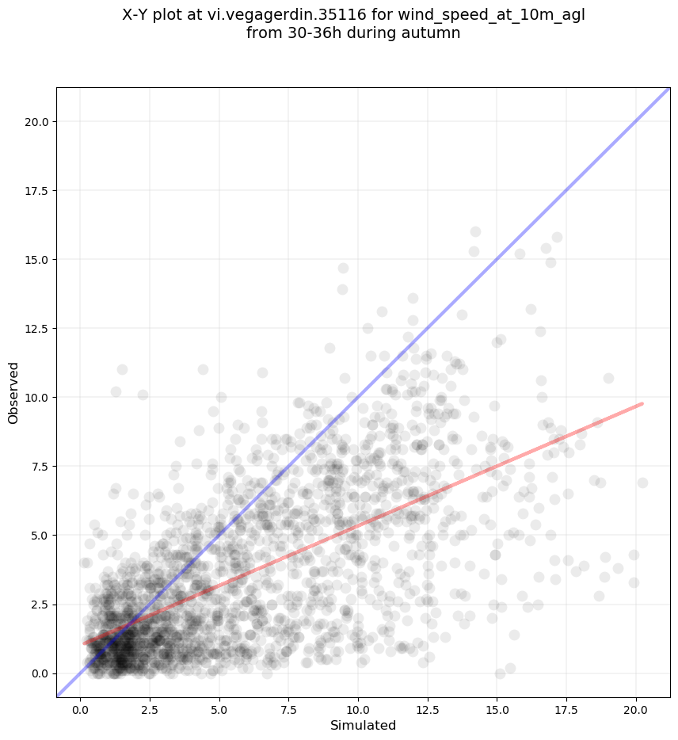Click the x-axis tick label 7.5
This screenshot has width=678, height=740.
coord(288,710)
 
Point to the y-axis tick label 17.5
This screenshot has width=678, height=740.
coord(36,191)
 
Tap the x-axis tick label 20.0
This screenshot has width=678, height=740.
coord(636,710)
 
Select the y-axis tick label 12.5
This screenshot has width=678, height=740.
coord(36,329)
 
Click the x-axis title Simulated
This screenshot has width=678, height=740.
coord(363,726)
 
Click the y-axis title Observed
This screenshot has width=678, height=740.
coord(13,393)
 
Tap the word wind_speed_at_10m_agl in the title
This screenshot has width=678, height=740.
coord(491,16)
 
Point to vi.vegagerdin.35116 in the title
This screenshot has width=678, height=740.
coord(287,15)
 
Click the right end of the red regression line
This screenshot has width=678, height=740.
coord(642,404)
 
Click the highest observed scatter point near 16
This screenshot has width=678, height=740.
coord(475,231)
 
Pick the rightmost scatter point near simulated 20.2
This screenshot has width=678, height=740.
coord(642,483)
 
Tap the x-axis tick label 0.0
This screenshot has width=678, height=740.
coord(80,710)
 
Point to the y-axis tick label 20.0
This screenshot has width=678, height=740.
coord(36,122)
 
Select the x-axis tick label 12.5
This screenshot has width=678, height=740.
coord(428,710)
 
